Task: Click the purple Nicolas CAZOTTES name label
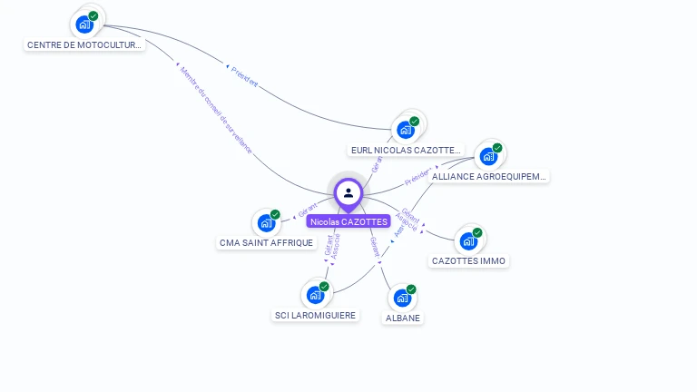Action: coord(348,221)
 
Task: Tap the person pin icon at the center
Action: coord(348,193)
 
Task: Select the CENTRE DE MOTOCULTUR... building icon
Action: coord(84,24)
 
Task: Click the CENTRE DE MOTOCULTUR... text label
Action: coord(84,44)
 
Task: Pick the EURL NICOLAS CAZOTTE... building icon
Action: coord(406,130)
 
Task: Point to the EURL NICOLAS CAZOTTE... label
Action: coord(407,150)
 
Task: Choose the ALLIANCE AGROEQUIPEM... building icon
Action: coord(489,156)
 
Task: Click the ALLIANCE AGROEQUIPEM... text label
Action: coord(489,176)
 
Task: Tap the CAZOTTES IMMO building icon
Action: coord(468,240)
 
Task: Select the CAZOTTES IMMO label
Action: coord(469,261)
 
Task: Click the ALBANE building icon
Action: coord(402,298)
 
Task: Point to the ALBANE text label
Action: coord(403,318)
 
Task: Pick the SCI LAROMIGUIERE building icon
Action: coord(315,295)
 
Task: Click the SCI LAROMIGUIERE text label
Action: coord(316,316)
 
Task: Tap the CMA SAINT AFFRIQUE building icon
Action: coord(266,222)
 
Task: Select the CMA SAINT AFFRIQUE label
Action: coord(266,243)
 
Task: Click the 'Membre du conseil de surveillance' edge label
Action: coord(215,113)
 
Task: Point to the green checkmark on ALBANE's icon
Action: coord(411,289)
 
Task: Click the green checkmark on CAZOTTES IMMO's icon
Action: coord(477,232)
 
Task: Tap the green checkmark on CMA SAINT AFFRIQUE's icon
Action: coord(275,214)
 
